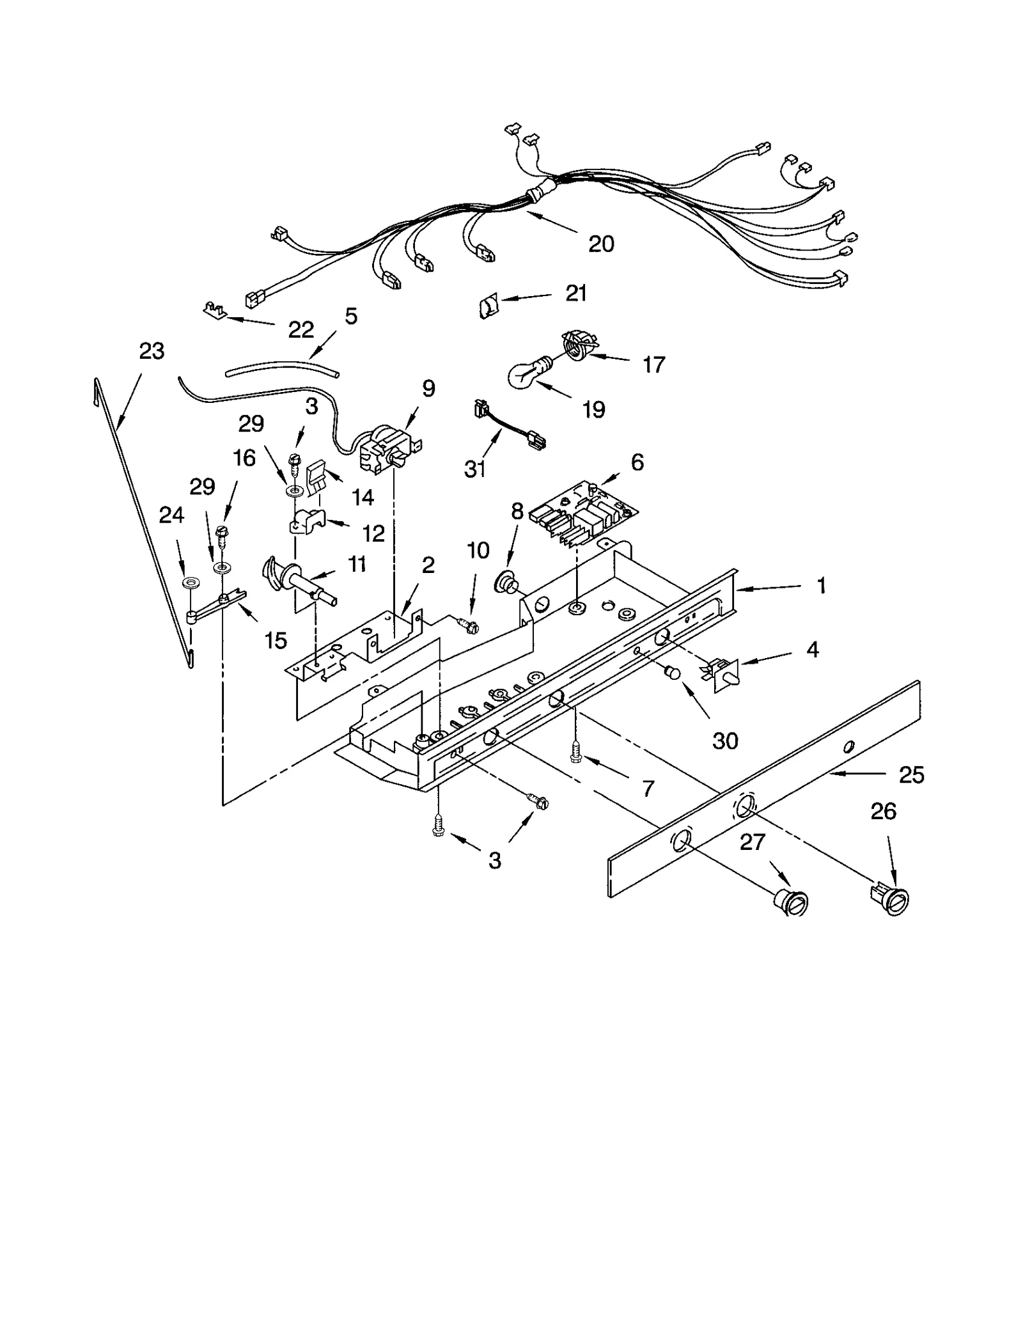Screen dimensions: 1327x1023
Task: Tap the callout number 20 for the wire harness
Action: (x=600, y=244)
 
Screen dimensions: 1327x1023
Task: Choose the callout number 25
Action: (x=911, y=775)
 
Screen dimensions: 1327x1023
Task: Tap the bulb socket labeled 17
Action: (x=577, y=343)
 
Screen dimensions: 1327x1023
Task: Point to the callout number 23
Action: (x=152, y=351)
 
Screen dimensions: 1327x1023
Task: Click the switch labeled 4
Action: (x=721, y=670)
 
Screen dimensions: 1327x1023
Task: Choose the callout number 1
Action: (x=822, y=585)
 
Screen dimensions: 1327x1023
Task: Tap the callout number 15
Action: (x=276, y=640)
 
